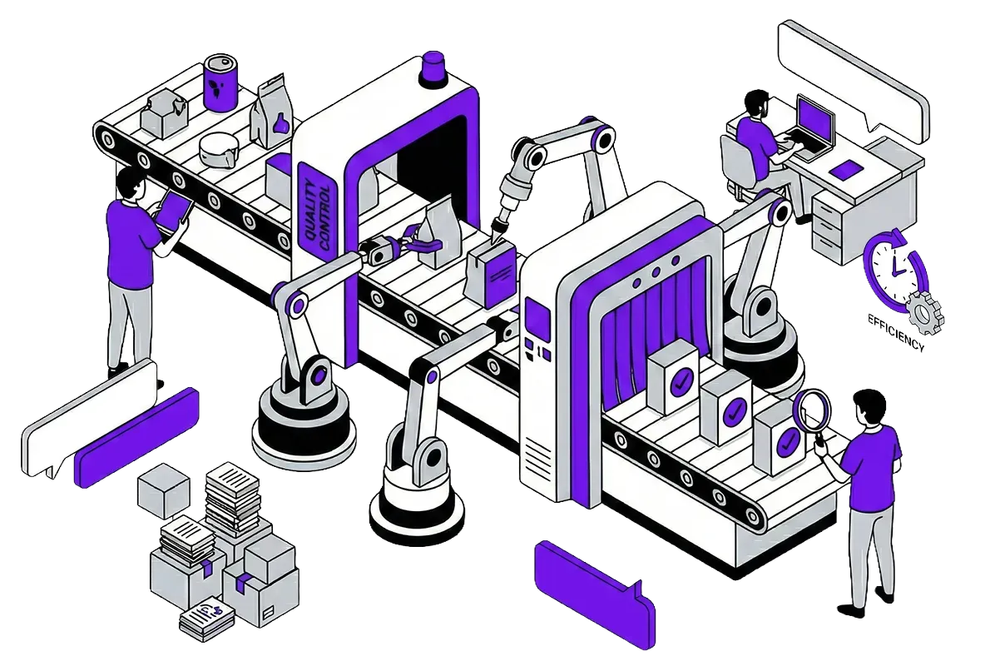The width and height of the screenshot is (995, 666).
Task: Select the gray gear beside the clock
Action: click(x=925, y=312)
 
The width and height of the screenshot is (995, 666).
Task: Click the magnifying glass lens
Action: click(x=813, y=410)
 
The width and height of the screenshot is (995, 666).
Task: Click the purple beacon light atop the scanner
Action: click(x=433, y=68)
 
